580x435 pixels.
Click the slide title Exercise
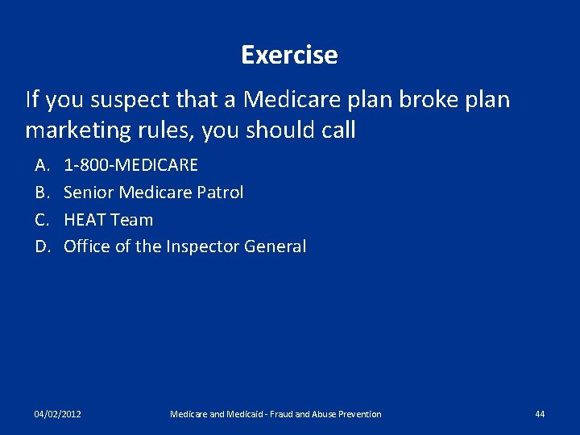[x=289, y=55]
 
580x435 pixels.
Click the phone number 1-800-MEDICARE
[x=130, y=165]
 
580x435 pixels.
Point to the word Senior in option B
[x=89, y=193]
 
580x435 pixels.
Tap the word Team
[x=131, y=219]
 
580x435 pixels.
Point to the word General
[x=277, y=246]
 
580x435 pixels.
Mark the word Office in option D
[x=86, y=246]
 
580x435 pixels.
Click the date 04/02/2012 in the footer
[x=57, y=414]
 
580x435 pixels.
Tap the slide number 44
[x=540, y=414]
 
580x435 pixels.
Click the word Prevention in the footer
[x=357, y=414]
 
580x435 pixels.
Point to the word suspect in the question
[x=126, y=101]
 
